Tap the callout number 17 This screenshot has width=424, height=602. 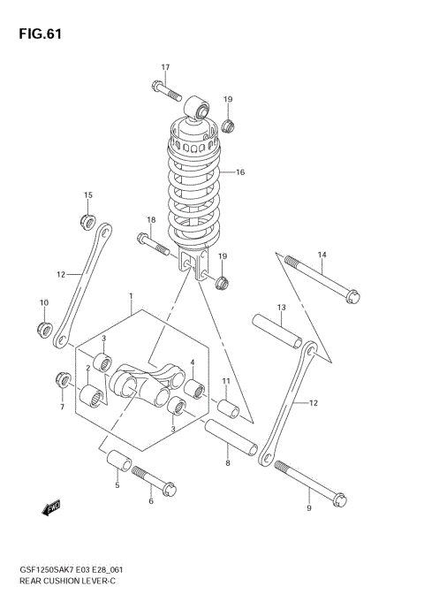pyautogui.click(x=164, y=68)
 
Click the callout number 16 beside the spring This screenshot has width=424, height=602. pyautogui.click(x=239, y=172)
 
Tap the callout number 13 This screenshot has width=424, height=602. pyautogui.click(x=281, y=309)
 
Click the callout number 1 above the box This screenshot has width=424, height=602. pyautogui.click(x=130, y=296)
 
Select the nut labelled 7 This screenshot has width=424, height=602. pyautogui.click(x=63, y=380)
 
